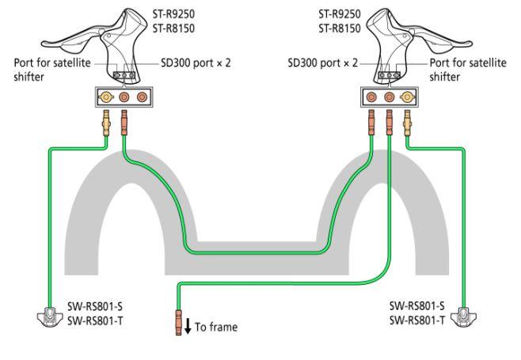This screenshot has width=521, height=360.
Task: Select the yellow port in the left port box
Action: click(105, 97)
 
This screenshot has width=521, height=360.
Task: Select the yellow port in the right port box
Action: click(407, 97)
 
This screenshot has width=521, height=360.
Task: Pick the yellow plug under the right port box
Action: click(407, 123)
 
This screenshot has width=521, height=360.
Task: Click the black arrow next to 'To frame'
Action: click(187, 325)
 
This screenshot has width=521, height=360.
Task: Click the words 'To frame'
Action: click(215, 326)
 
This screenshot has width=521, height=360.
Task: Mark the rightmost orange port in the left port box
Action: click(143, 97)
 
